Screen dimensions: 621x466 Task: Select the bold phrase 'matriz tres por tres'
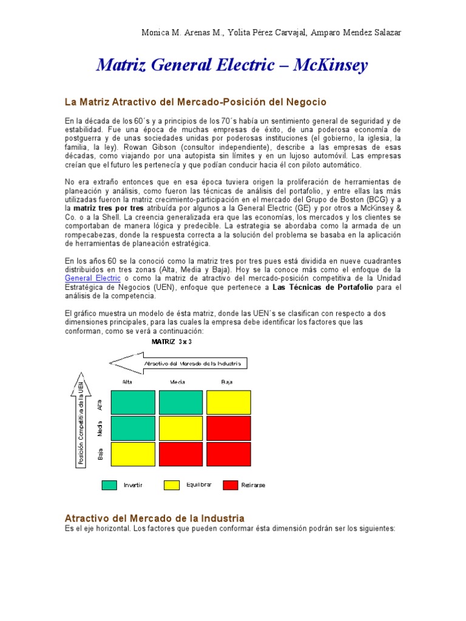coord(108,208)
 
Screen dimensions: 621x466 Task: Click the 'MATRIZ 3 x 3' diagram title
coord(176,342)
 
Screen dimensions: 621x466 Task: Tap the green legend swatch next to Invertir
coord(109,485)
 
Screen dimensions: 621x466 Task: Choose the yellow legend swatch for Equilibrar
coord(172,485)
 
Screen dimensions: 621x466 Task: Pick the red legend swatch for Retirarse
coord(231,485)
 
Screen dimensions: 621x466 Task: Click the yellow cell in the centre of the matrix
coord(181,428)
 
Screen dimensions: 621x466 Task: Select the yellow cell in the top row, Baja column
coord(228,403)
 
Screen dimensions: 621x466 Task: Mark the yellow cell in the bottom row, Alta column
coord(133,454)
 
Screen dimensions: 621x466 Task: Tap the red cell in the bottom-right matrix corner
coord(228,454)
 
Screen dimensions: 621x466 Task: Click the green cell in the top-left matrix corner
coord(133,403)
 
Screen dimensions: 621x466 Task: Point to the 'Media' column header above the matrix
coord(178,382)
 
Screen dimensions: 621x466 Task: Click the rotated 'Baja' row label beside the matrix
coord(100,453)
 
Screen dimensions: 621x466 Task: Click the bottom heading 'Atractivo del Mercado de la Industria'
coord(155,518)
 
